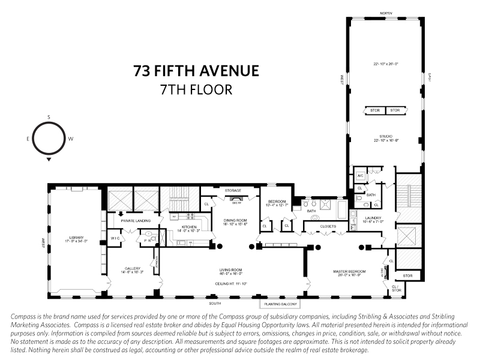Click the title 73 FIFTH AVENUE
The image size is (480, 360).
click(x=196, y=71)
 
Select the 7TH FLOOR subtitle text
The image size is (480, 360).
click(x=196, y=89)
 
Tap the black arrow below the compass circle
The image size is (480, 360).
click(x=49, y=160)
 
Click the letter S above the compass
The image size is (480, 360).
click(x=49, y=117)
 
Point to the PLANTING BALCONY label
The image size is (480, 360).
click(x=278, y=304)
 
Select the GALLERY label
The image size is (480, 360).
click(x=133, y=268)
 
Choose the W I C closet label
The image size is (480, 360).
click(x=116, y=239)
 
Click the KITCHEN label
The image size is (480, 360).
click(x=189, y=227)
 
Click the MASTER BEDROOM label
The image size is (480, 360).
click(x=349, y=271)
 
